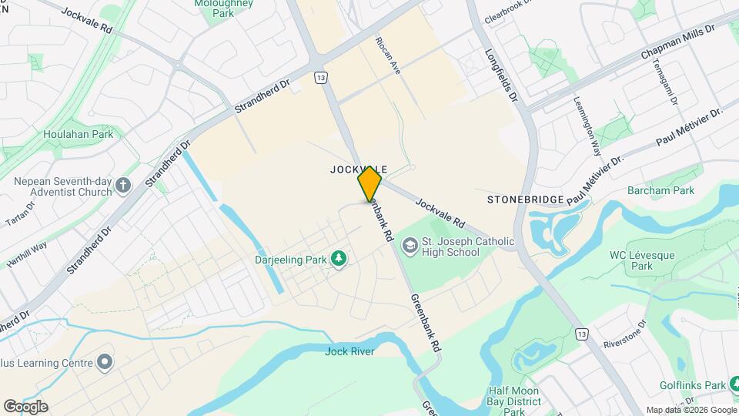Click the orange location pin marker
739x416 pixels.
(x=369, y=183)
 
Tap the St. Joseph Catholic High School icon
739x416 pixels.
(x=410, y=245)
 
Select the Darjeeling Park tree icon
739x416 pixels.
(x=336, y=259)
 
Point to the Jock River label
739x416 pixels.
(x=349, y=352)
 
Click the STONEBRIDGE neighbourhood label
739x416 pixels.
(x=525, y=200)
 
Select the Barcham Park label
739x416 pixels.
(x=661, y=190)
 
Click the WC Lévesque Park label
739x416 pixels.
(x=631, y=260)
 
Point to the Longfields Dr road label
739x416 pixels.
(x=503, y=77)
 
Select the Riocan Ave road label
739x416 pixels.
(x=388, y=55)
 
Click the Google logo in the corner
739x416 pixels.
(x=25, y=406)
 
